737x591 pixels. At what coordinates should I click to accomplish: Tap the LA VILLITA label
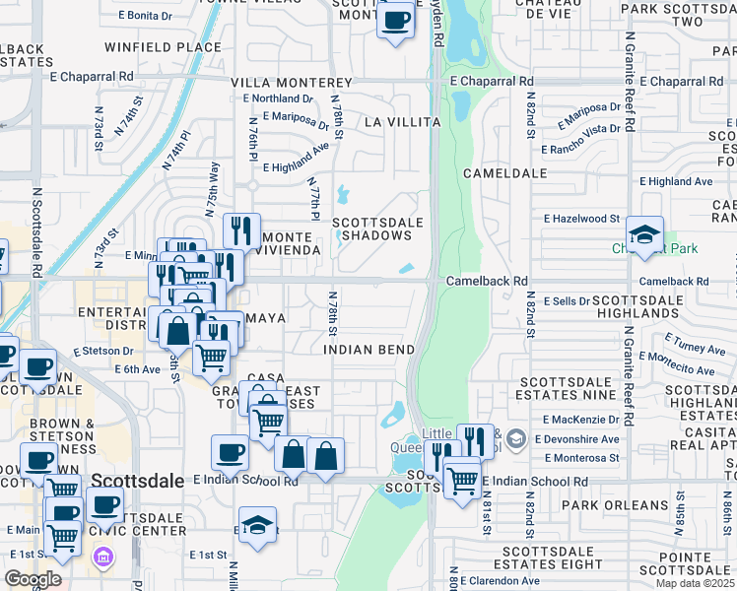point(401,122)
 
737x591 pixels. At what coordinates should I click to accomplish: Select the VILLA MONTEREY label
point(291,83)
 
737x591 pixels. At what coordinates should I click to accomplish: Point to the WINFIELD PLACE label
point(150,46)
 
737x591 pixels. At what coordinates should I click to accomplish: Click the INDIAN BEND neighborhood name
point(369,350)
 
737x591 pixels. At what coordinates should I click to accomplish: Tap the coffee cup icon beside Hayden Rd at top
point(396,20)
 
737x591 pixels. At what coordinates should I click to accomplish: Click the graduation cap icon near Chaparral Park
point(644,234)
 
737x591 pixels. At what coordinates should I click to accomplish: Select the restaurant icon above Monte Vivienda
point(241,230)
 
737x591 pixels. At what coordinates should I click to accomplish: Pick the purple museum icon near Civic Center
point(103,558)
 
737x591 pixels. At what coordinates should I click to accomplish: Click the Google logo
point(33,579)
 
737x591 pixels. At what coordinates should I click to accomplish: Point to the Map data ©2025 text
point(696,583)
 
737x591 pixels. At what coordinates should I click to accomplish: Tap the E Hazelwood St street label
point(581,219)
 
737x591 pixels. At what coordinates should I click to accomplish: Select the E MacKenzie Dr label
point(578,421)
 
